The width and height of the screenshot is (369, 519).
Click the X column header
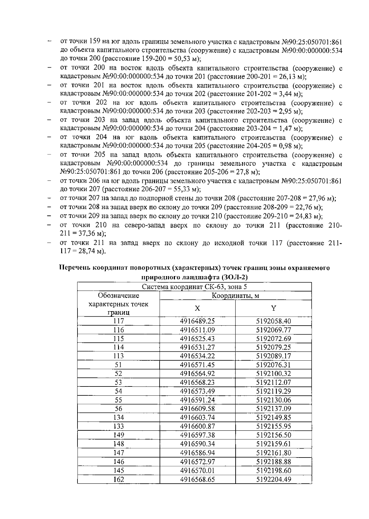point(197,308)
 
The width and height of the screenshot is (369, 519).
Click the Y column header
point(273,308)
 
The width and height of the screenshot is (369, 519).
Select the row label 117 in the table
point(118,321)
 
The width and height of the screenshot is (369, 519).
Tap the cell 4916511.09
point(197,330)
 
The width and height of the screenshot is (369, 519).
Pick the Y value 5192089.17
point(273,356)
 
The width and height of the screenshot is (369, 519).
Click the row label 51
point(118,365)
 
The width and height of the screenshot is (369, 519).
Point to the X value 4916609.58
point(197,409)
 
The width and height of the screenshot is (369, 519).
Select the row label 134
point(118,418)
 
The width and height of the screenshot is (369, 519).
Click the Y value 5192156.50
point(273,435)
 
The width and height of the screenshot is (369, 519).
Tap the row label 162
point(118,479)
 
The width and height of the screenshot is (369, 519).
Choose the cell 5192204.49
point(273,479)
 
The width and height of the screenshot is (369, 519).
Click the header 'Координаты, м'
point(235,296)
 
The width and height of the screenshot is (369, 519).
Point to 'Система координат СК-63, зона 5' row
point(194,287)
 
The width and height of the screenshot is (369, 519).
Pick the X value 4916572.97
point(197,462)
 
